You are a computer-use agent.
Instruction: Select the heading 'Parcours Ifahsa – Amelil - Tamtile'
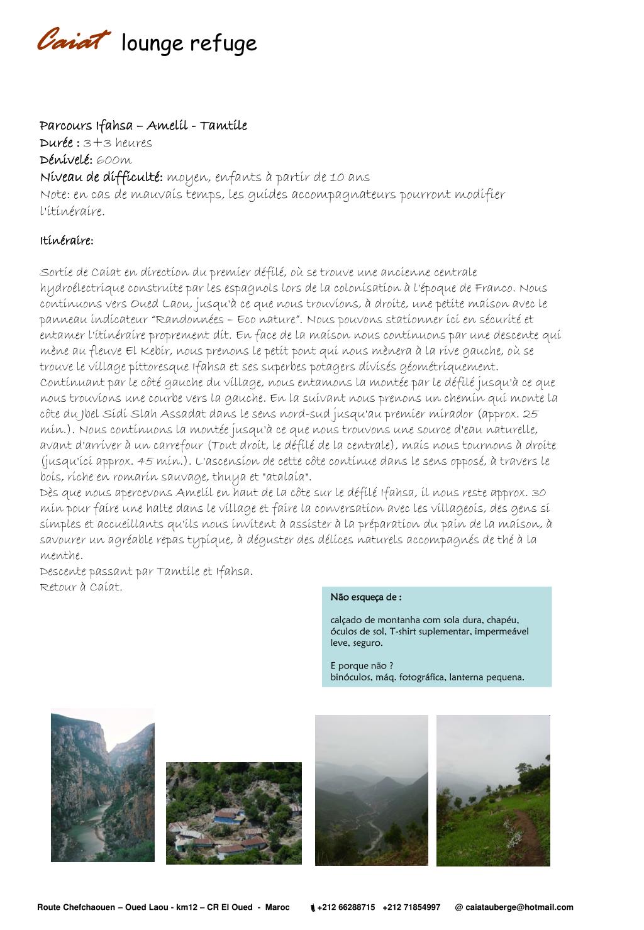point(143,126)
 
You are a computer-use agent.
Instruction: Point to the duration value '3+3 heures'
point(118,143)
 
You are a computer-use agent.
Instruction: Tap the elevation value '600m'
point(114,160)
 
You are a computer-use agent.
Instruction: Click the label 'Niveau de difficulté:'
point(101,177)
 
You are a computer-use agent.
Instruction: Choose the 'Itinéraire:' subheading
point(67,241)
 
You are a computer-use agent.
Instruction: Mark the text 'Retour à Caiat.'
point(81,587)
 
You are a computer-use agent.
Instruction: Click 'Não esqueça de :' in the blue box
point(366,597)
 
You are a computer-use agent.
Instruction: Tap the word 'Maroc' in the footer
point(277,907)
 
